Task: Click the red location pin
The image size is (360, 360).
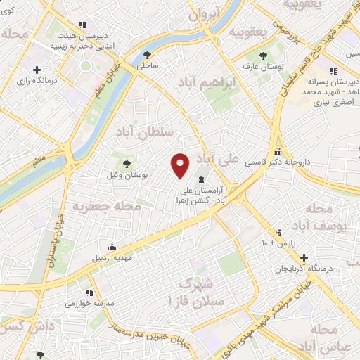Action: pyautogui.click(x=180, y=165)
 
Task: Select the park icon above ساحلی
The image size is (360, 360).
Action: pyautogui.click(x=147, y=54)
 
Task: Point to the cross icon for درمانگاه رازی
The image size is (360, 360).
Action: pyautogui.click(x=37, y=69)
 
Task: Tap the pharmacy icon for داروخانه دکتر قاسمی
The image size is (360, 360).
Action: pyautogui.click(x=278, y=152)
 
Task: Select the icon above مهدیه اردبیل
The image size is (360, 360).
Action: pyautogui.click(x=112, y=246)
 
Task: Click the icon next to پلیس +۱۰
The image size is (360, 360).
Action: pyautogui.click(x=279, y=231)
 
